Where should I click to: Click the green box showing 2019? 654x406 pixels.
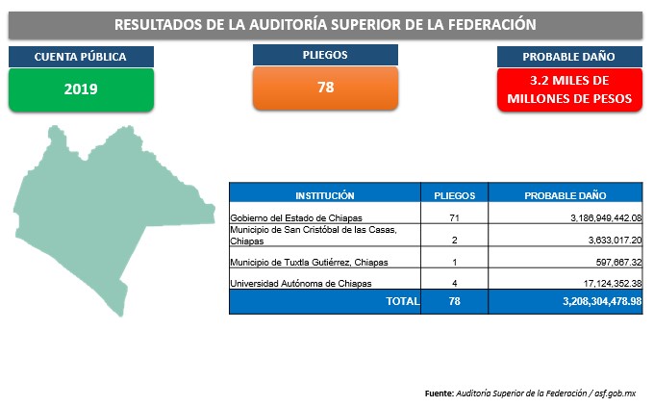pyautogui.click(x=82, y=89)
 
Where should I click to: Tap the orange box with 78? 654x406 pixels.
pyautogui.click(x=325, y=88)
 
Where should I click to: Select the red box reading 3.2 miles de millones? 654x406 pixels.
pyautogui.click(x=569, y=89)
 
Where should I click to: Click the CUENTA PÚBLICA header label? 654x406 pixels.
pyautogui.click(x=81, y=57)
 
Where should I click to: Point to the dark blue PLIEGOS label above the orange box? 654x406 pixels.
pyautogui.click(x=325, y=55)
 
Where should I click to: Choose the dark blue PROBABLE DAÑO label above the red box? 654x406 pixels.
pyautogui.click(x=569, y=57)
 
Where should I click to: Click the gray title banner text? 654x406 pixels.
pyautogui.click(x=325, y=25)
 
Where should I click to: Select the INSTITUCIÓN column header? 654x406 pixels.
pyautogui.click(x=325, y=195)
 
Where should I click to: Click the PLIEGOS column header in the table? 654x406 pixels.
pyautogui.click(x=455, y=195)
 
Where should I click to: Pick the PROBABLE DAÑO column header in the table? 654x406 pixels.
pyautogui.click(x=566, y=195)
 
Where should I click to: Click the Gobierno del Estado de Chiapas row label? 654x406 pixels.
pyautogui.click(x=296, y=217)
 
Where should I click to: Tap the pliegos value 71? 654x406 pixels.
pyautogui.click(x=455, y=217)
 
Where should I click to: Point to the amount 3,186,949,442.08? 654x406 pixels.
pyautogui.click(x=606, y=217)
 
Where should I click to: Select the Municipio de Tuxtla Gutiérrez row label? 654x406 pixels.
pyautogui.click(x=309, y=262)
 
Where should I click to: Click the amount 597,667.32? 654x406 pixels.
pyautogui.click(x=618, y=262)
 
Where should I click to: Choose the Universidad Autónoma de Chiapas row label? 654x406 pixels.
pyautogui.click(x=301, y=283)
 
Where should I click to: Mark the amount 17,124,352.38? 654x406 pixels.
pyautogui.click(x=613, y=283)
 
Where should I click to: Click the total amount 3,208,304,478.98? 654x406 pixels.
pyautogui.click(x=602, y=301)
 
